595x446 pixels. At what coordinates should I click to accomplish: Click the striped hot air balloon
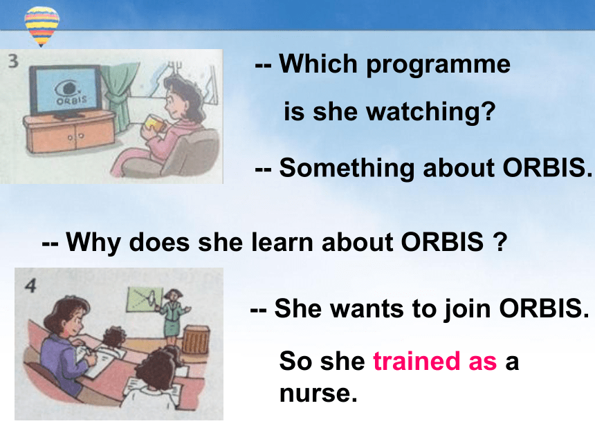(x=42, y=26)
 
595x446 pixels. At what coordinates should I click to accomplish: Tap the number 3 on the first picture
(x=13, y=61)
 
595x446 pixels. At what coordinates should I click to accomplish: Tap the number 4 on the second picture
(x=30, y=286)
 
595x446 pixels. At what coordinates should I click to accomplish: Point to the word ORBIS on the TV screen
(x=72, y=100)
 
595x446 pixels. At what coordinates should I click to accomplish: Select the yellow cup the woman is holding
(x=152, y=123)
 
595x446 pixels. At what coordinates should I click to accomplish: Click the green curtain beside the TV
(x=118, y=95)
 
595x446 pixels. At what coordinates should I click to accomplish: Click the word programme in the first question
(x=438, y=65)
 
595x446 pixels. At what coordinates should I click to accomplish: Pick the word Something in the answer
(x=347, y=169)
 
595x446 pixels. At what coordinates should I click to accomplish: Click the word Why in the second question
(x=93, y=243)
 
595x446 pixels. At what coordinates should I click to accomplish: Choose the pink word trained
(x=416, y=361)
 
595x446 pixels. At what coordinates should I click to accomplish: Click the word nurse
(x=318, y=393)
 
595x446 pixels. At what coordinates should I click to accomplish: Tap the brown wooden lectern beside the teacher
(x=196, y=340)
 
